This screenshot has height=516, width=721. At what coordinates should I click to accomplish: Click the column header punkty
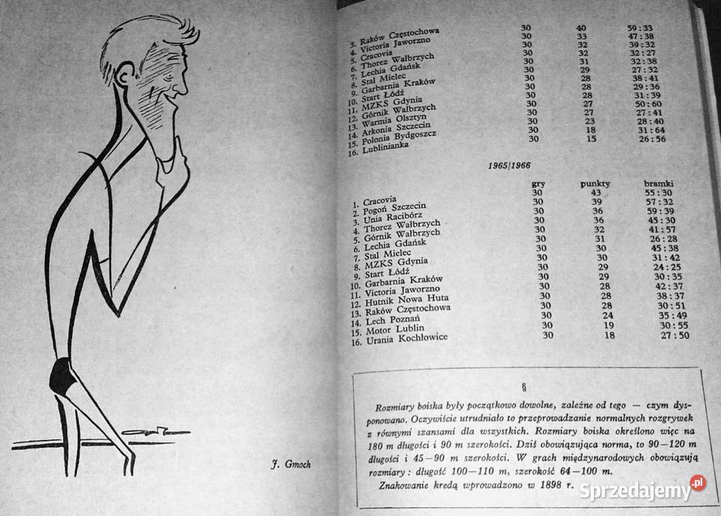596,183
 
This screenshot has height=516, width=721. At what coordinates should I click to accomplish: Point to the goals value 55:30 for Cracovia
660,193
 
